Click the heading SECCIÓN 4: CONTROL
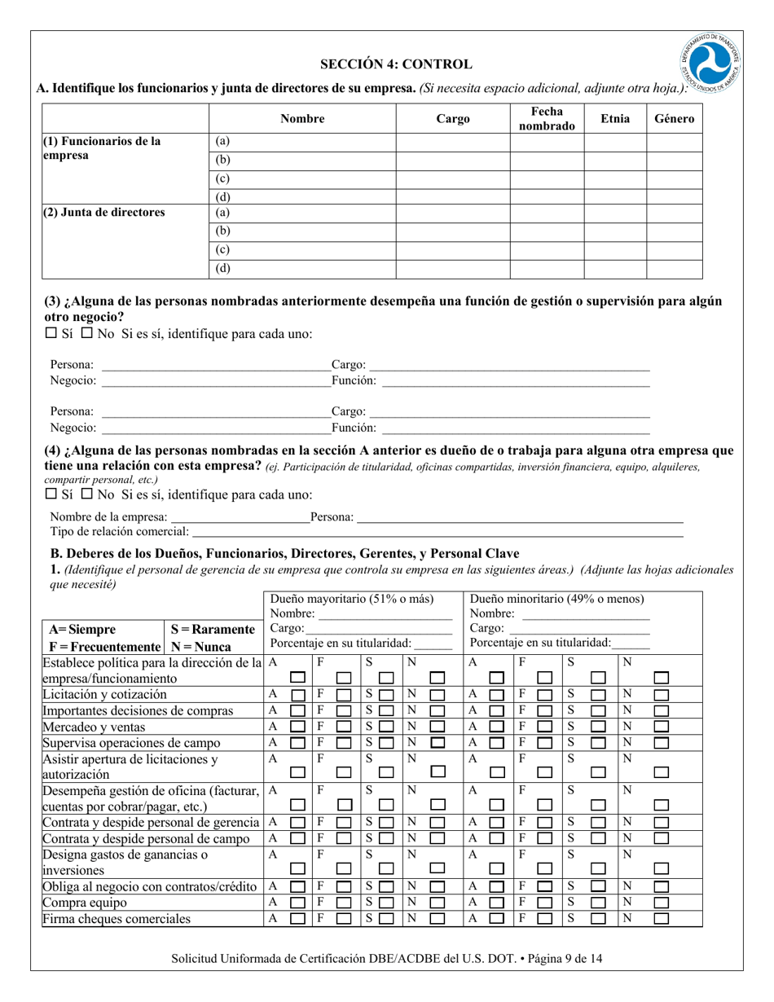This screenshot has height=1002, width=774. (395, 64)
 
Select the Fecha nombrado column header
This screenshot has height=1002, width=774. (547, 119)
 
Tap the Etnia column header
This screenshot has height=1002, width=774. (615, 119)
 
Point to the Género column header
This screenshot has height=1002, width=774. (674, 119)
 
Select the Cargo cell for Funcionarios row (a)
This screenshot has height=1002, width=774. (453, 142)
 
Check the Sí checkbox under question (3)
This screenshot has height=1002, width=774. (51, 333)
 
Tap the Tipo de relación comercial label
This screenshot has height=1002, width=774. (119, 532)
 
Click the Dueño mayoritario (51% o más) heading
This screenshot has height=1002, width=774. (352, 599)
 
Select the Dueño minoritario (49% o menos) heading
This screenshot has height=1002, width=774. (556, 599)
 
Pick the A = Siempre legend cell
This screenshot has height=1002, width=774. (82, 630)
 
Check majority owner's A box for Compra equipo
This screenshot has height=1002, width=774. (299, 903)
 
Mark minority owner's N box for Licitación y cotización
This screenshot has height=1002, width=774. (662, 695)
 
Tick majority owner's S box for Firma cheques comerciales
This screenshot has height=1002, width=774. (386, 920)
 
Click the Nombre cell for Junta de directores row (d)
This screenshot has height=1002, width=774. (302, 269)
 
